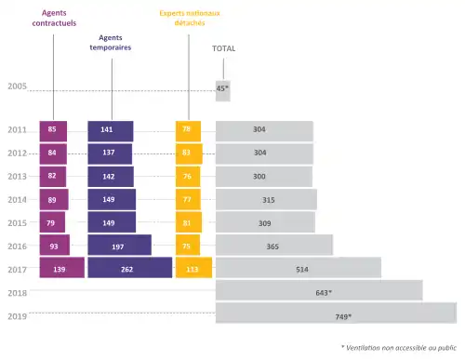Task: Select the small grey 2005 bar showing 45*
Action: [222, 88]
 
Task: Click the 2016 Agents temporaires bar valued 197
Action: [119, 245]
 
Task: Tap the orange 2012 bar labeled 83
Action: [189, 153]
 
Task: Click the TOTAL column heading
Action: [223, 47]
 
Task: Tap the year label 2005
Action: [17, 87]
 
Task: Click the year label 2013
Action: [17, 176]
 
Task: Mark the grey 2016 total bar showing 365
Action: [274, 245]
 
